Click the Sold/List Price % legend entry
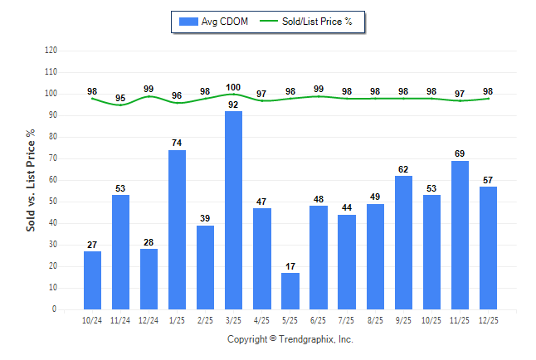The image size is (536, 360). pyautogui.click(x=307, y=22)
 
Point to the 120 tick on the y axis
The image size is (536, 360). pyautogui.click(x=51, y=51)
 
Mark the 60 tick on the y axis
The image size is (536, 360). pyautogui.click(x=53, y=180)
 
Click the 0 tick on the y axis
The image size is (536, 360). pyautogui.click(x=55, y=309)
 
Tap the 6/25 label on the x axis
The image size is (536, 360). pyautogui.click(x=319, y=319)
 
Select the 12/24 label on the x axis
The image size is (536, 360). pyautogui.click(x=149, y=319)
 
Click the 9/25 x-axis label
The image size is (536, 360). pyautogui.click(x=403, y=319)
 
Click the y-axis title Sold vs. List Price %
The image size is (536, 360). pyautogui.click(x=32, y=180)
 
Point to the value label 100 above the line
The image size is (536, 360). pyautogui.click(x=234, y=87)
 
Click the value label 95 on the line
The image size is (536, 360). pyautogui.click(x=121, y=98)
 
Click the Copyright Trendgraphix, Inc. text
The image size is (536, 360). pyautogui.click(x=290, y=339)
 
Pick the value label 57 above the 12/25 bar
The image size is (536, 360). pyautogui.click(x=488, y=180)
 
